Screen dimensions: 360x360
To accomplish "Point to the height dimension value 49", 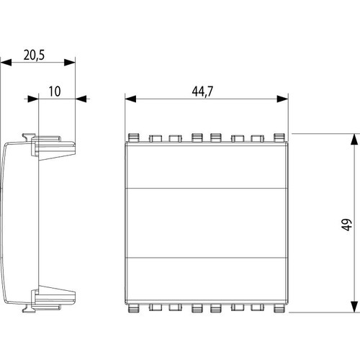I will coord(346,224).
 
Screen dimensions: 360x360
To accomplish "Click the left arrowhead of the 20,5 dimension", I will coord(5,63).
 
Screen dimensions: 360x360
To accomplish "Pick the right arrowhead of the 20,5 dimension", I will coord(71,63).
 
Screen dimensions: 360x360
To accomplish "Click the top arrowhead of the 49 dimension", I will coord(353,138).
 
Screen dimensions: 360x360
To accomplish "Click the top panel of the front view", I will coord(205,164).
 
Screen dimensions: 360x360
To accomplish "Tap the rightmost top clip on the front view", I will coord(279,135).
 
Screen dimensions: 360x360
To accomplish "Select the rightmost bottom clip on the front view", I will coord(279,311).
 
